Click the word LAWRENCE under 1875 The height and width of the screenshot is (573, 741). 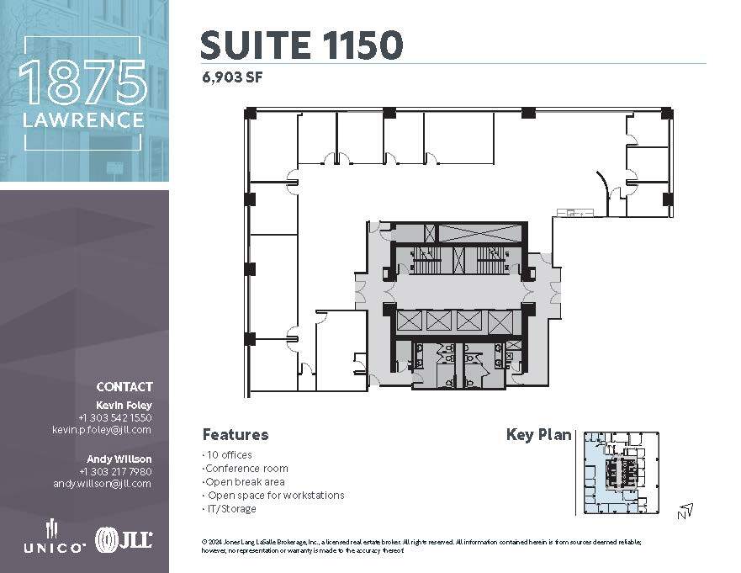83,121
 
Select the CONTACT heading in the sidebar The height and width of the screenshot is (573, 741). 124,387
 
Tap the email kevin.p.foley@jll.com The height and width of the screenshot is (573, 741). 102,429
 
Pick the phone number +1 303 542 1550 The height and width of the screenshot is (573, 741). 115,417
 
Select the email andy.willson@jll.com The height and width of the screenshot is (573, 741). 102,484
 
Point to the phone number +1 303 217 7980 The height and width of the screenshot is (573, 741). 115,471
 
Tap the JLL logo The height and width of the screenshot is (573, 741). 124,539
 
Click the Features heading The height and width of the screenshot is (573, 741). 236,435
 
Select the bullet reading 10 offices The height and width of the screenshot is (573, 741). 229,455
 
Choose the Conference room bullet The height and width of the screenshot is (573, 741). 246,469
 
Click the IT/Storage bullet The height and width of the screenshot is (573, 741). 230,509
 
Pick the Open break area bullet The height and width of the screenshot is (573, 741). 245,482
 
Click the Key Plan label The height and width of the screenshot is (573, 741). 538,435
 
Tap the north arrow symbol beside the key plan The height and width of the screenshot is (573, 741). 687,509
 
